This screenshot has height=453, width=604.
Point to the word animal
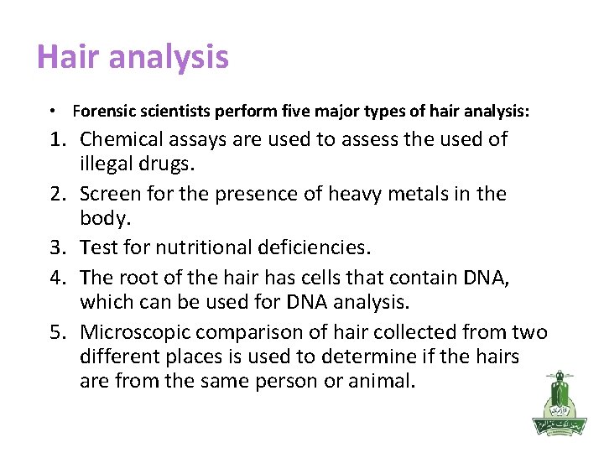[382, 382]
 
